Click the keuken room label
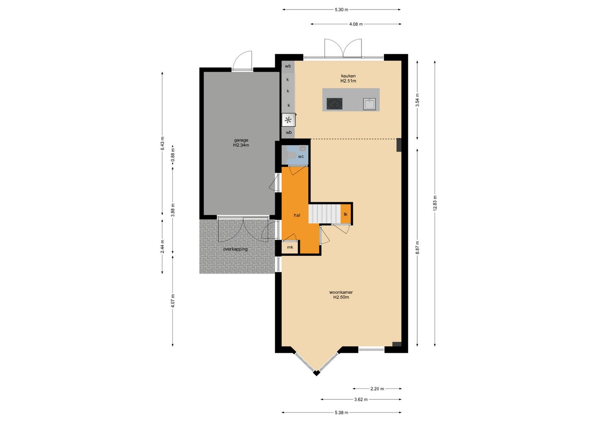point(348,76)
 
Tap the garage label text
point(241,140)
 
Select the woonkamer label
point(341,292)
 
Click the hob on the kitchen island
point(335,104)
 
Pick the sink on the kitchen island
point(369,104)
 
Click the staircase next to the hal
point(325,213)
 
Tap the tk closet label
point(345,214)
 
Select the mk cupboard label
point(290,247)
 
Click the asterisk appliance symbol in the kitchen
point(288,120)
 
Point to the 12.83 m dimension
point(435,204)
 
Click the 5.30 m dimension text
point(342,10)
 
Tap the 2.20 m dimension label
point(377,389)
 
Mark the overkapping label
point(235,249)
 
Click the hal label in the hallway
point(297,215)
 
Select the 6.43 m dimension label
point(163,143)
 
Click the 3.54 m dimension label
point(417,100)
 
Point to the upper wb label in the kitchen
point(288,66)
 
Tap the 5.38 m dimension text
point(342,413)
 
